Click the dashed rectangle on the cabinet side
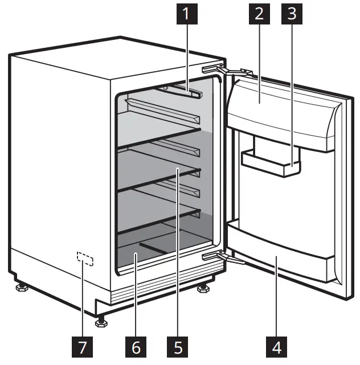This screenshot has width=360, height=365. click(x=84, y=260)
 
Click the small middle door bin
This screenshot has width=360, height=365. click(x=271, y=162)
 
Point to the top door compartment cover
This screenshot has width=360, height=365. click(x=279, y=111)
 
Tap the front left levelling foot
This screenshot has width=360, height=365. click(x=21, y=285)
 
